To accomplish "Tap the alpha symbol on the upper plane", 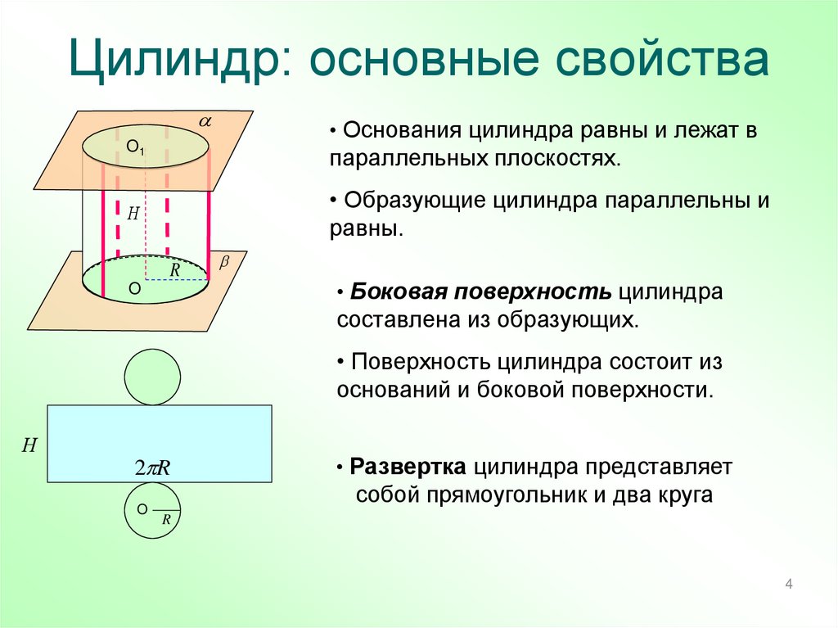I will (x=205, y=121).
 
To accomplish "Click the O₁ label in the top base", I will (x=136, y=148).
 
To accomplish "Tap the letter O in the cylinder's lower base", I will (x=134, y=288).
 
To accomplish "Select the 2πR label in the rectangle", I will (x=151, y=468).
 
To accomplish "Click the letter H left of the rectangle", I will (x=29, y=445).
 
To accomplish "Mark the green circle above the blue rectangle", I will (x=153, y=377).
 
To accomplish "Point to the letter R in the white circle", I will (x=166, y=519).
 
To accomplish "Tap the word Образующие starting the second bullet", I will (x=416, y=201).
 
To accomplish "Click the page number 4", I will (x=789, y=584).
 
